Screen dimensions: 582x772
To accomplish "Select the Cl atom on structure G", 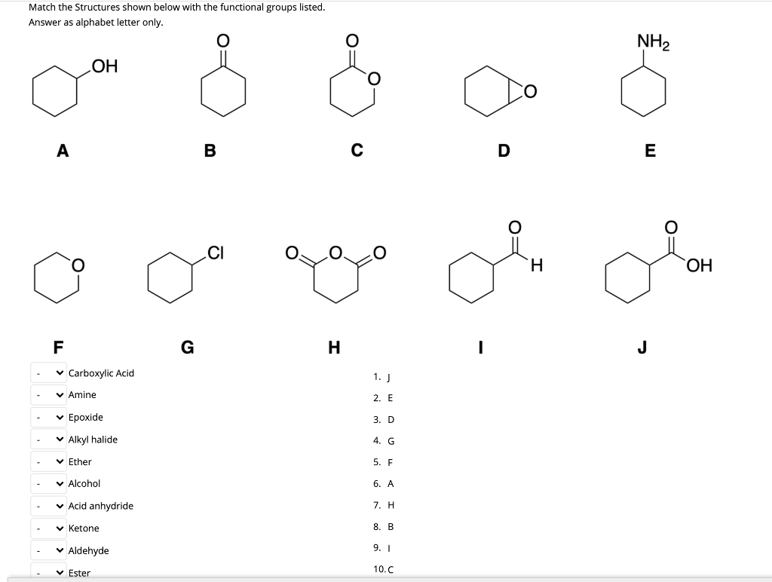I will coord(216,253).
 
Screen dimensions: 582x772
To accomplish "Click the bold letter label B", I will coord(210,150).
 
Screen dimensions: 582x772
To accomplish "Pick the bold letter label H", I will coord(334,347).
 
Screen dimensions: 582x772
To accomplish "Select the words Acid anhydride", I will coord(100,506).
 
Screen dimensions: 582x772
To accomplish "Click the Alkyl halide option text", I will coord(93,440).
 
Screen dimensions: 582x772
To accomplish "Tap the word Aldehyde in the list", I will coord(88,550).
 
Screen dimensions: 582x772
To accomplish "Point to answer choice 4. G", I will coord(383,441).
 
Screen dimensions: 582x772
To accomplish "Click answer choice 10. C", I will coord(382,569).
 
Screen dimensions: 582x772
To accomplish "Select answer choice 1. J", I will coord(383,376).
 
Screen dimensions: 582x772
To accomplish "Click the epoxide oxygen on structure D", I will coord(530,92).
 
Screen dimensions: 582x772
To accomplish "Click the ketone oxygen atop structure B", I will coord(222,39).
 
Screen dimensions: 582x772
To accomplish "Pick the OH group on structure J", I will coord(699,265).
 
